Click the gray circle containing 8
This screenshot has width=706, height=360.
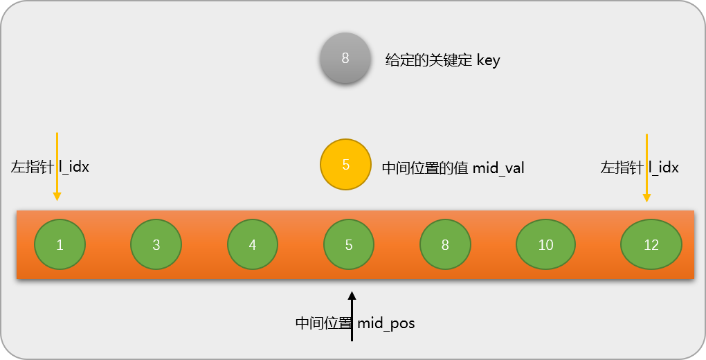point(345,59)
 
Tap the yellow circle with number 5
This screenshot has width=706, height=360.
point(346,165)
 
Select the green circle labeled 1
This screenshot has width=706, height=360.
point(60,244)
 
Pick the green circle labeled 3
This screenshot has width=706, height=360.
point(156,244)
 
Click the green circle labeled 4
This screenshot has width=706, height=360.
point(253,244)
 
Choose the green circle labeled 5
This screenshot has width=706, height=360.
point(349,244)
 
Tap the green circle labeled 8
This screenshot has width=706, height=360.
point(445,244)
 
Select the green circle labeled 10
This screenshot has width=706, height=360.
point(546,244)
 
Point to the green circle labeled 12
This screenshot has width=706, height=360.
point(651,244)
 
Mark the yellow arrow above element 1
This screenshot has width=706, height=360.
point(57,166)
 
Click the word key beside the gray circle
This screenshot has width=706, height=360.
point(488,61)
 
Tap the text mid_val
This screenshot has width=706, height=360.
point(498,168)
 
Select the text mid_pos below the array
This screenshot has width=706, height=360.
point(386,323)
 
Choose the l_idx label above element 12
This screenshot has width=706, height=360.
point(663,167)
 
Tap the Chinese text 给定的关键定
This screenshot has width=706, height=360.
point(429,61)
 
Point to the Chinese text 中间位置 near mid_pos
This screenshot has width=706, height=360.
point(324,323)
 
